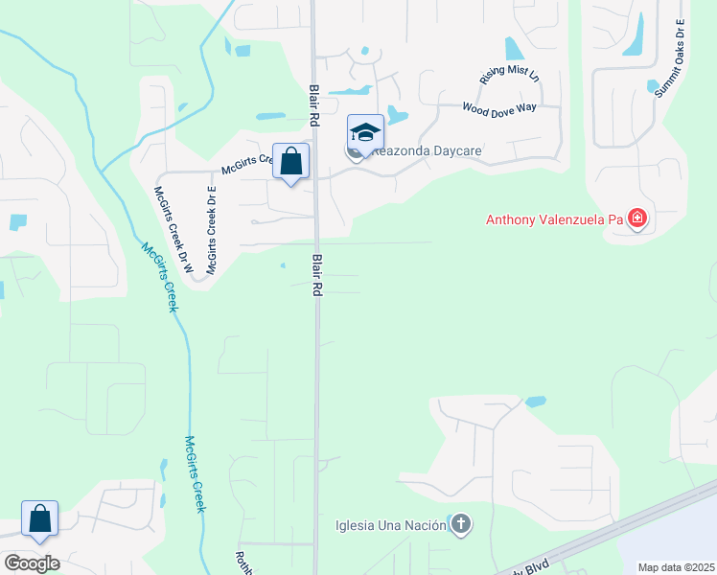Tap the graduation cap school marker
coord(365,132)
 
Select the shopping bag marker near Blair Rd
coord(290,161)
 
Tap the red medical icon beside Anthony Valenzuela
coord(637,219)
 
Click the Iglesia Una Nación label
coord(391,524)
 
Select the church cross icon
coord(461,523)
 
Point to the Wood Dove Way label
coord(498,108)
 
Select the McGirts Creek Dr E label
coord(213,227)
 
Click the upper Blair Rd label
coord(313,103)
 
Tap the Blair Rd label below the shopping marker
coord(314,275)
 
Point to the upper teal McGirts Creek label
coord(160,277)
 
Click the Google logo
coord(32,563)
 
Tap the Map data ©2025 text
coord(676,567)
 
